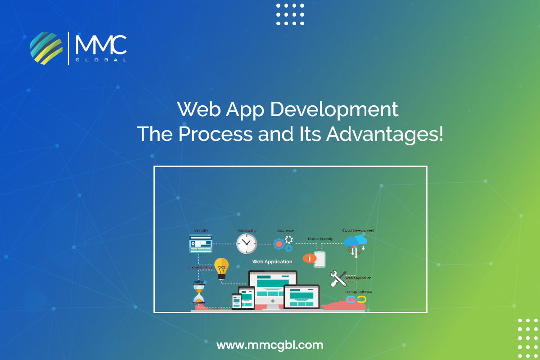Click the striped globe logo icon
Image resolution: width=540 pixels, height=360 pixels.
[x=46, y=48]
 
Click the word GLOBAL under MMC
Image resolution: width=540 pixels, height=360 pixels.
[x=101, y=60]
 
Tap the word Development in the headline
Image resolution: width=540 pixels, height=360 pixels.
[x=334, y=110]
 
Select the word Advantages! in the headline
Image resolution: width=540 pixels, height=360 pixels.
[x=384, y=135]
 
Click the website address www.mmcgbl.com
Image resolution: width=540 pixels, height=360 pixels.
[x=270, y=345]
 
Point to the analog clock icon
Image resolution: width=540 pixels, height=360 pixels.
[x=247, y=243]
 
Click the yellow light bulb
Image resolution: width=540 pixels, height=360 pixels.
[x=221, y=268]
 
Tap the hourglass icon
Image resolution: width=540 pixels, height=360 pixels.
[x=198, y=294]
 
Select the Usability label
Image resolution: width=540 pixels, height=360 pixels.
[x=201, y=230]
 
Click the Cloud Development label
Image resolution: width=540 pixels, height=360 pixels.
[x=358, y=230]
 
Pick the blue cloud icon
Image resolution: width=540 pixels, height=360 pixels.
[x=355, y=241]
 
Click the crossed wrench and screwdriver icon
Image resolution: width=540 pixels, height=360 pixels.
[x=338, y=279]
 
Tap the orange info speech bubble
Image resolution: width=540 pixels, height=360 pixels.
[x=310, y=258]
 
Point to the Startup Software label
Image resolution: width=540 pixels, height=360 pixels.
[x=358, y=292]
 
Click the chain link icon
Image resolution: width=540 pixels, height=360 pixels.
[x=356, y=300]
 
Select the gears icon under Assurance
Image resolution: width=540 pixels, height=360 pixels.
[x=283, y=244]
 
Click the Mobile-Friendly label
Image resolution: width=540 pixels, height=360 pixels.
[x=320, y=238]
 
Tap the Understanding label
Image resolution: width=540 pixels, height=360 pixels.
[x=200, y=267]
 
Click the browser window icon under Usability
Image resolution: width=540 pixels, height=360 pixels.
[x=201, y=243]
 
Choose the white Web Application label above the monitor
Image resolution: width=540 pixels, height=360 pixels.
[x=272, y=261]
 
